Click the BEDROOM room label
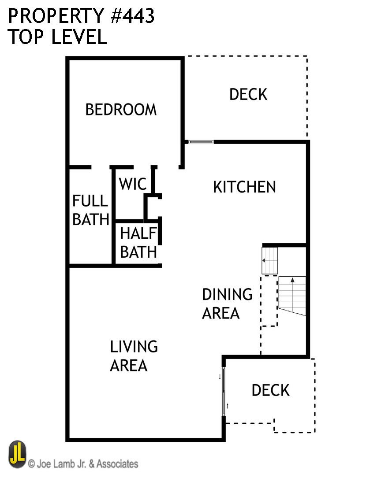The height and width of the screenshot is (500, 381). (121, 110)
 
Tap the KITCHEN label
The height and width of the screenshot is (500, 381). (244, 187)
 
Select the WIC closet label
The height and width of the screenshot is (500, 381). (132, 184)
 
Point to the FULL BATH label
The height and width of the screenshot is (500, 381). (90, 210)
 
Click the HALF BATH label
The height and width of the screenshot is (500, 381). (138, 243)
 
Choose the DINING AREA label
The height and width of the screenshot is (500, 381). (227, 304)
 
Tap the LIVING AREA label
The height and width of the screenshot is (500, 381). (134, 356)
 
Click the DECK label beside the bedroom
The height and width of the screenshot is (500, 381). (248, 94)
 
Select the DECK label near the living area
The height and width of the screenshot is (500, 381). (270, 390)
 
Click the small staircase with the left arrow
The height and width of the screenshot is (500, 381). (270, 260)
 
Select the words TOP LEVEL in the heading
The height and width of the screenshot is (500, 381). (57, 37)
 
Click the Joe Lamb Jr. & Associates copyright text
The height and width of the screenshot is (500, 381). (83, 464)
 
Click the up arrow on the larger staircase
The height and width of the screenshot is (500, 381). (292, 280)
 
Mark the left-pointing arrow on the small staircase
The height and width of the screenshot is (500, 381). (264, 260)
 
